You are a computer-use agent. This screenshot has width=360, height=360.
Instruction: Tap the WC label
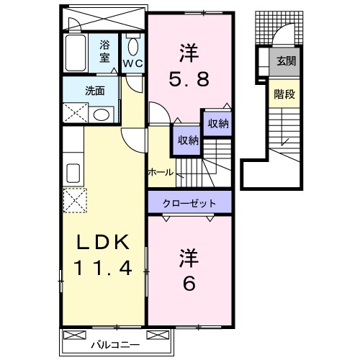click(133, 63)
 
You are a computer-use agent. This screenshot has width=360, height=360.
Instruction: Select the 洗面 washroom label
click(95, 91)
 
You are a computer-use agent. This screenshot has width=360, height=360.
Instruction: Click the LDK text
click(102, 243)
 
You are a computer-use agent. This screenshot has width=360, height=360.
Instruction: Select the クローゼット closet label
click(190, 203)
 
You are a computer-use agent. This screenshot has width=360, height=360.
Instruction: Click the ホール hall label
click(160, 172)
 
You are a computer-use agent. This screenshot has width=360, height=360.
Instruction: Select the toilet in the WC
click(133, 48)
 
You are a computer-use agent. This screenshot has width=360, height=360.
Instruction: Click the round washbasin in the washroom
click(102, 114)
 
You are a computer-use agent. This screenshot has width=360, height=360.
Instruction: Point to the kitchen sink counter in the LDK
click(73, 174)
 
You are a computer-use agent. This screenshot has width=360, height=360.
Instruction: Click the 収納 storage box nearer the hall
click(184, 140)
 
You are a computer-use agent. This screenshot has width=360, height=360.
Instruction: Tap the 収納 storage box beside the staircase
click(217, 123)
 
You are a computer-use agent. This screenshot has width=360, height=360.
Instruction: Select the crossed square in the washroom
click(73, 113)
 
